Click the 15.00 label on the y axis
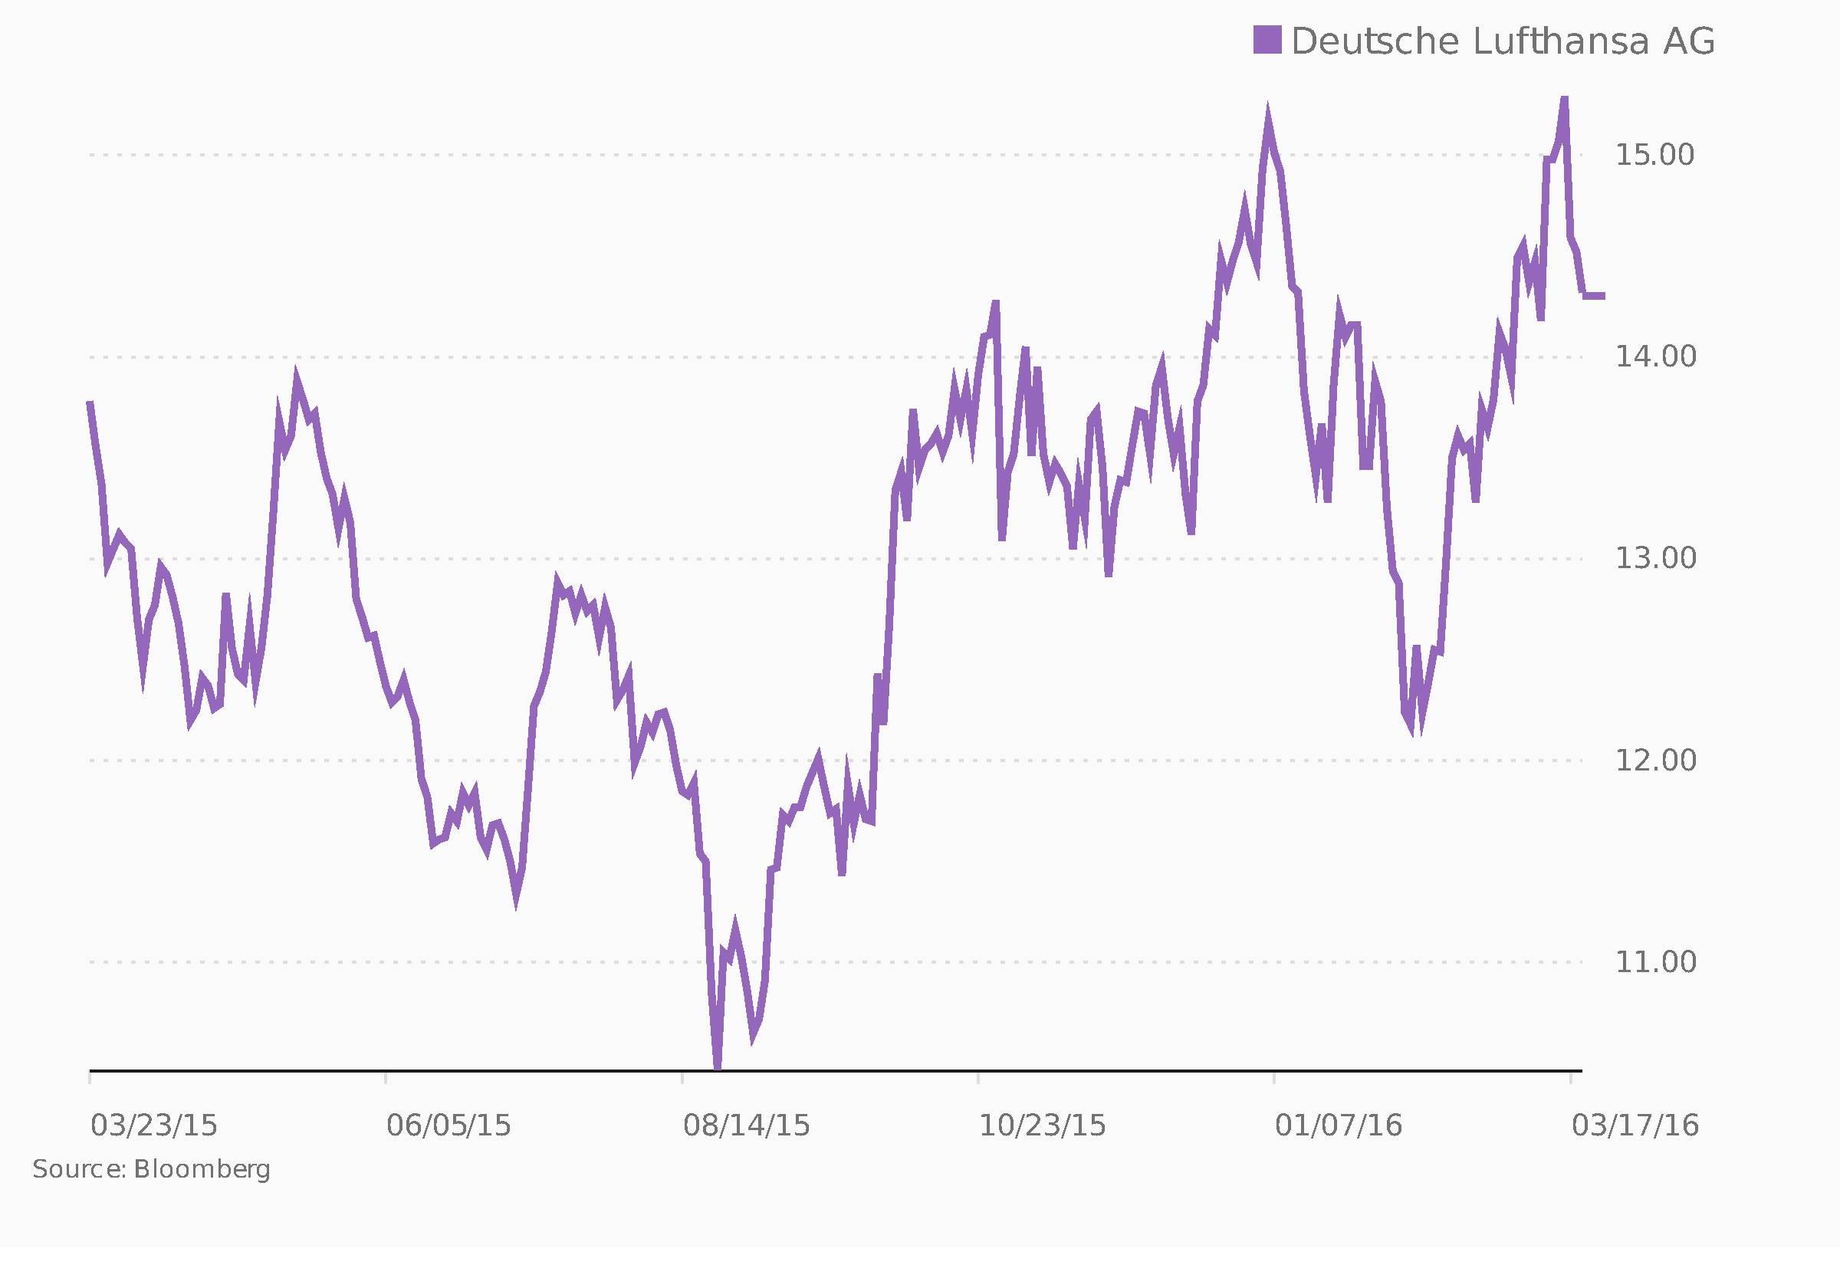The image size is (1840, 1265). (1655, 156)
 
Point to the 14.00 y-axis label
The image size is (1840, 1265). (1655, 357)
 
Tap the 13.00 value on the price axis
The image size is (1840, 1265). (1655, 559)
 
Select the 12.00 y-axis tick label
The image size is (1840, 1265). (1655, 761)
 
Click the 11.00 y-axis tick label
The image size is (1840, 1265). (1655, 962)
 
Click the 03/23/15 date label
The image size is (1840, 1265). (154, 1126)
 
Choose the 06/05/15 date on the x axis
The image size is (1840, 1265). (449, 1126)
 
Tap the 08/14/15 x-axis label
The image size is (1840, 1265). (747, 1126)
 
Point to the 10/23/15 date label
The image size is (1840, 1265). (1042, 1126)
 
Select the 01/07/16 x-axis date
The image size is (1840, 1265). (1339, 1126)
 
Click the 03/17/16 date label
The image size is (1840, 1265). (1635, 1126)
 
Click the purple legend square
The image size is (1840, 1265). (1267, 40)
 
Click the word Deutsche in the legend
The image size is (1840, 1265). (1375, 41)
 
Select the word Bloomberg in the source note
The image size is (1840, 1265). (202, 1170)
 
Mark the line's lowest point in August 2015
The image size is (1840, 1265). (717, 1067)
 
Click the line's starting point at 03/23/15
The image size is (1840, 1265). (90, 403)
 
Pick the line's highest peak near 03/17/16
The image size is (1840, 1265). (1563, 98)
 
